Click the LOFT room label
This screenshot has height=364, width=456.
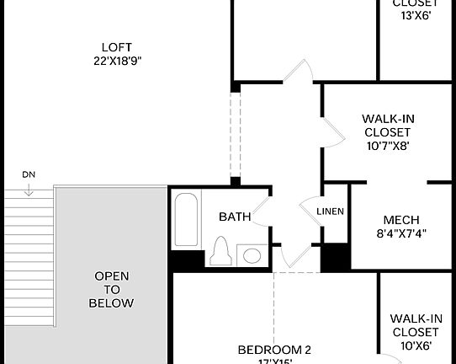coord(117,46)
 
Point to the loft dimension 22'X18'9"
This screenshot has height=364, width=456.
coord(117,60)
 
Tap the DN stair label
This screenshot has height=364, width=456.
coord(29,174)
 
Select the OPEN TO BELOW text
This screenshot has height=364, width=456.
coord(112,289)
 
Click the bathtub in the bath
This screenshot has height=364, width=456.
coord(185,220)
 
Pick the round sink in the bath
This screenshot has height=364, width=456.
coord(251,254)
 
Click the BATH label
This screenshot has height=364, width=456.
coord(235,217)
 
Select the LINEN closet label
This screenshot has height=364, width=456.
coord(330,211)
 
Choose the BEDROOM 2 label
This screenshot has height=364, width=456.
coord(274,350)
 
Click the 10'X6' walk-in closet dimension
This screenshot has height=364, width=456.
coord(416,345)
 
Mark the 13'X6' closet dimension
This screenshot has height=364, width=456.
coord(416,15)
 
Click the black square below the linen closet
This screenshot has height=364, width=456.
coord(335,256)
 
